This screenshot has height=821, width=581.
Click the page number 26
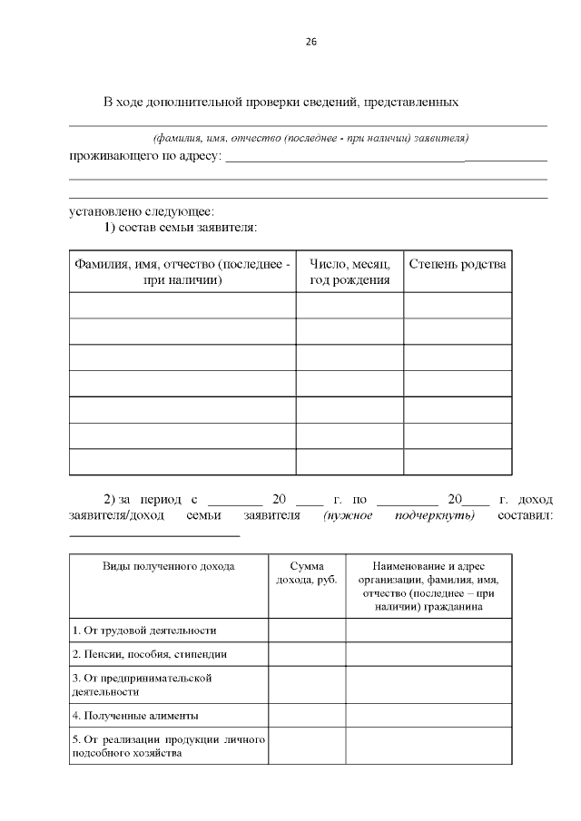310,42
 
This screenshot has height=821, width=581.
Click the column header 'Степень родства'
458,264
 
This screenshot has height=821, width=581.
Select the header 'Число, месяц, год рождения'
350,272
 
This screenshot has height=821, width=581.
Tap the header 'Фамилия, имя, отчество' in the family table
182,272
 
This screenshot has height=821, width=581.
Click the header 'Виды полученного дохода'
169,566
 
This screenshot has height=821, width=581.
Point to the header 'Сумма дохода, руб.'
306,572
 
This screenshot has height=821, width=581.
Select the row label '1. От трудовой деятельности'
144,630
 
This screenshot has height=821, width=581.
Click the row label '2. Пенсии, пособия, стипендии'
149,653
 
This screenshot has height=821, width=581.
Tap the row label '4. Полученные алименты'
134,715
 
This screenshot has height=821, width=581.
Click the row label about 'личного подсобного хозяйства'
168,747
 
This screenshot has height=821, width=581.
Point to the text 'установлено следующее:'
142,212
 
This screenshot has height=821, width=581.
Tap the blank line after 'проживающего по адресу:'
386,160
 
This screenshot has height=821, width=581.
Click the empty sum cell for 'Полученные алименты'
306,715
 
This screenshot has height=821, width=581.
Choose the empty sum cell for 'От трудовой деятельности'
306,630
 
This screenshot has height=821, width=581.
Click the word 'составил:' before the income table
526,515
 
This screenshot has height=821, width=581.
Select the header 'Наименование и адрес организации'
428,586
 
